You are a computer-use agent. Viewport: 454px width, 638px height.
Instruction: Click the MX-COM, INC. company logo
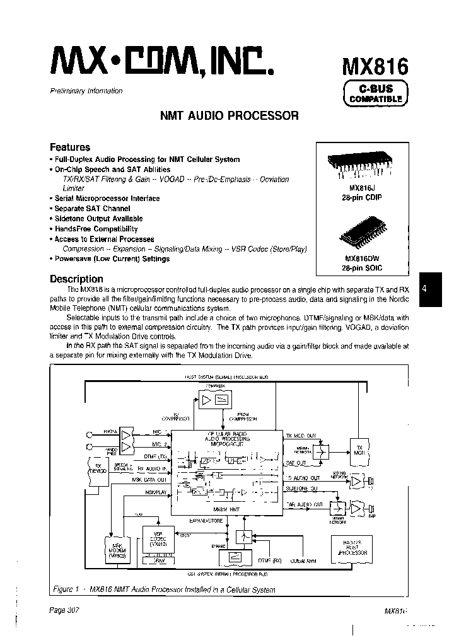click(161, 64)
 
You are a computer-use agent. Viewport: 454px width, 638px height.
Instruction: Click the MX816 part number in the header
click(375, 66)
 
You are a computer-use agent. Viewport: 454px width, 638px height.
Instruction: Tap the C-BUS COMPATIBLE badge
click(375, 93)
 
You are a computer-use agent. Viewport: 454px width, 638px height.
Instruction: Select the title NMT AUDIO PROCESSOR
click(230, 116)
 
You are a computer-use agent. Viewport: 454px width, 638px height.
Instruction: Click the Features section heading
click(70, 147)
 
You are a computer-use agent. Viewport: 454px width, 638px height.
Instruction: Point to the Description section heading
click(76, 279)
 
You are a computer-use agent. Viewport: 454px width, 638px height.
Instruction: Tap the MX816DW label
click(362, 258)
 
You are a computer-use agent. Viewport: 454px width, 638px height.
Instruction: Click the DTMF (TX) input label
click(153, 456)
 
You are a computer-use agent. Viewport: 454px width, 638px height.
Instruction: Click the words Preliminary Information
click(86, 91)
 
